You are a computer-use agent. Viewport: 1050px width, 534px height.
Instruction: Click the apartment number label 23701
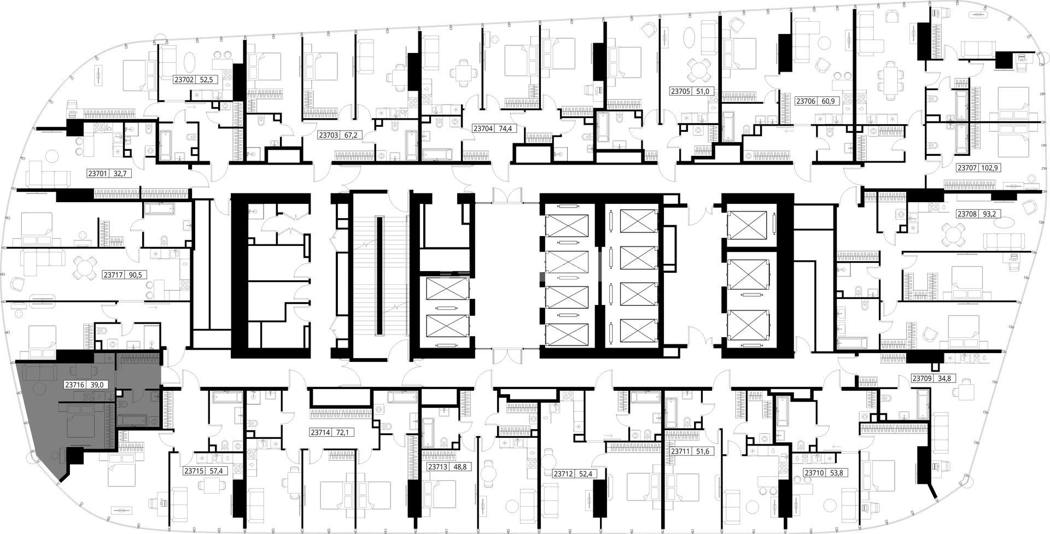pyautogui.click(x=97, y=174)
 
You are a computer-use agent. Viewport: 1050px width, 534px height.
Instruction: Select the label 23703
pyautogui.click(x=328, y=135)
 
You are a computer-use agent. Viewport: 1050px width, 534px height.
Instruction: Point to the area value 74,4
pyautogui.click(x=503, y=129)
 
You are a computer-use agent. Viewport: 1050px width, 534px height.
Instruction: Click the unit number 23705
pyautogui.click(x=680, y=91)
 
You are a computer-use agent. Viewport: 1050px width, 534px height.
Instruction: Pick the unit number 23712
pyautogui.click(x=563, y=474)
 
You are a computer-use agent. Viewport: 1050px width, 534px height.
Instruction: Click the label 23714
pyautogui.click(x=320, y=432)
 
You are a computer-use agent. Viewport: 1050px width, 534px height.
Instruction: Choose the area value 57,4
pyautogui.click(x=218, y=471)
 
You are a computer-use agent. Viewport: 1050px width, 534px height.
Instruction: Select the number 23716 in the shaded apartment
pyautogui.click(x=74, y=385)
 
